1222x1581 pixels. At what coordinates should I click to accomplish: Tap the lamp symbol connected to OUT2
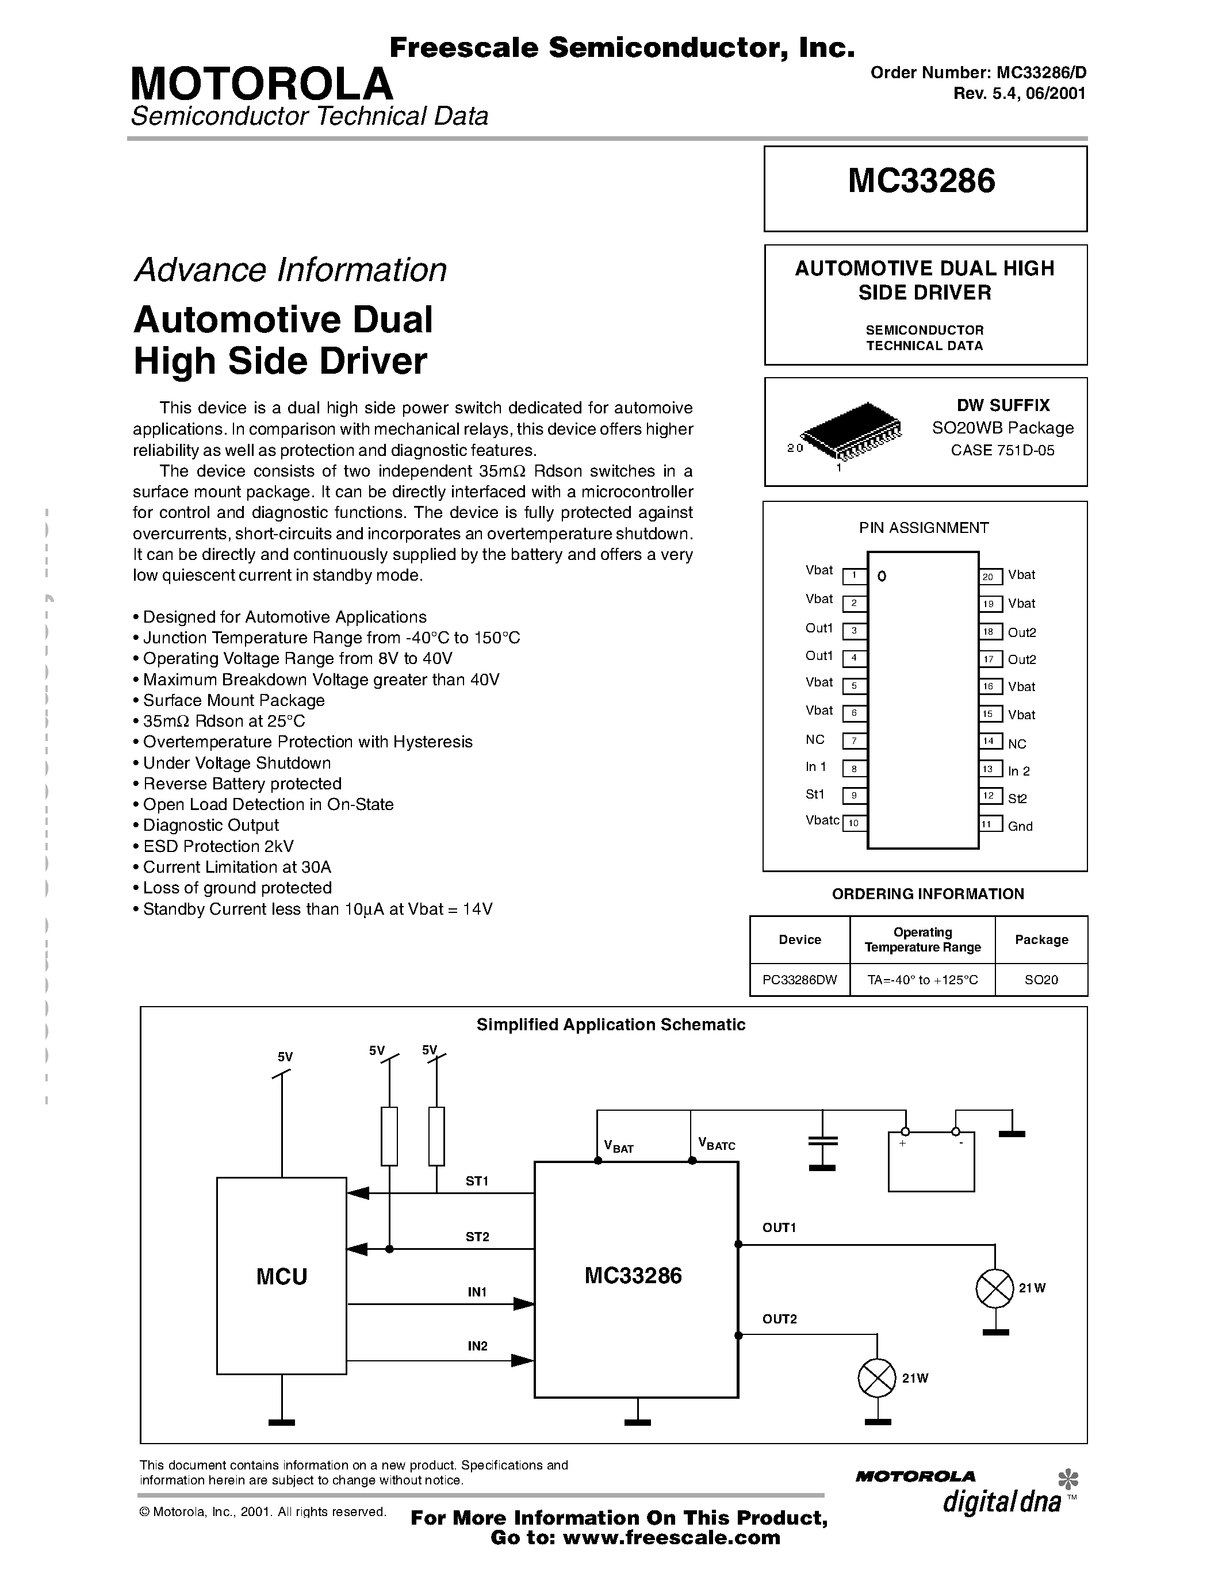(x=877, y=1378)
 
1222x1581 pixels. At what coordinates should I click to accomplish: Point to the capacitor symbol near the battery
(x=822, y=1142)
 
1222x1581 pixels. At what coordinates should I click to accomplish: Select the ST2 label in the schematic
(x=477, y=1237)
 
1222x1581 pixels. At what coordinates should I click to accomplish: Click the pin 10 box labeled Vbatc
(x=854, y=823)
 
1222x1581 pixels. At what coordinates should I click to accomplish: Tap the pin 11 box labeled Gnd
(x=990, y=824)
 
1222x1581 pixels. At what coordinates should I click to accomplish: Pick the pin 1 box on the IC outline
(x=854, y=576)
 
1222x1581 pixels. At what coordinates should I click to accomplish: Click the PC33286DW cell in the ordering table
(x=799, y=980)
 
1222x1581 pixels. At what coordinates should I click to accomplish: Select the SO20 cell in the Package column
(x=1041, y=980)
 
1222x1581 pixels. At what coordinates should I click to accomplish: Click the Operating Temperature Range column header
(x=922, y=939)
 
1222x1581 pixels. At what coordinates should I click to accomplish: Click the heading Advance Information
(x=290, y=270)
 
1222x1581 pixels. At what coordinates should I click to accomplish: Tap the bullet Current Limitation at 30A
(x=237, y=867)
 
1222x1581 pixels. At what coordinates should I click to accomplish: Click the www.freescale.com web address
(x=671, y=1537)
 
